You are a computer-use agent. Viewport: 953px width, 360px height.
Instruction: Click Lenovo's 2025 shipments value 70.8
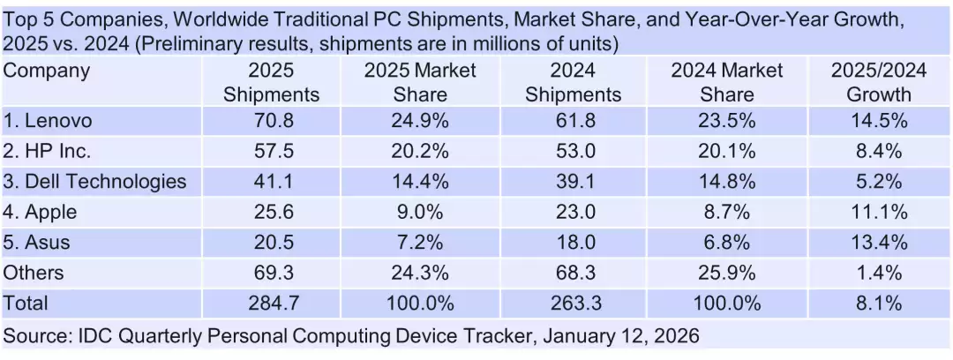[x=271, y=121]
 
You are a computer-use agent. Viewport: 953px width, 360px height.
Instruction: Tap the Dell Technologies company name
[x=95, y=182]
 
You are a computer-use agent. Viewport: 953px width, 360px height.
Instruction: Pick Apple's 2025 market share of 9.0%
[x=421, y=212]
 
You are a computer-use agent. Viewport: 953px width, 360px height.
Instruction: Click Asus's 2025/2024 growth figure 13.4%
[x=879, y=243]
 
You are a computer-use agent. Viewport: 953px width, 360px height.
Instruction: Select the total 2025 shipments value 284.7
[x=271, y=304]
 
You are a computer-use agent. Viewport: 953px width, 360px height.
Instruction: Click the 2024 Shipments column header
[x=573, y=82]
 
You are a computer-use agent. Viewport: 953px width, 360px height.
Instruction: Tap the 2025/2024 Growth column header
[x=879, y=82]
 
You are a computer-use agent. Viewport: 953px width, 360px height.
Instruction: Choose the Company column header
[x=47, y=71]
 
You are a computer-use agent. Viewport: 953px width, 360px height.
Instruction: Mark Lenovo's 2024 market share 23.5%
[x=726, y=121]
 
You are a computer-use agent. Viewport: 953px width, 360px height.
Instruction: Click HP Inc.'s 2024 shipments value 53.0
[x=573, y=151]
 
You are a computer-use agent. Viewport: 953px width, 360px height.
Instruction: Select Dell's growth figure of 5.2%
[x=879, y=182]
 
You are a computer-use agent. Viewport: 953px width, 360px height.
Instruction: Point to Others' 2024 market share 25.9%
[x=726, y=273]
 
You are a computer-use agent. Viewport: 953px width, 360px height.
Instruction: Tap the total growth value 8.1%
[x=879, y=304]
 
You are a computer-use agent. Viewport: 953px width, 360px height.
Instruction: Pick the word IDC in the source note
[x=94, y=336]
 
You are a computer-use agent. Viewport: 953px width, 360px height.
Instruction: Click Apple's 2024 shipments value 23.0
[x=573, y=212]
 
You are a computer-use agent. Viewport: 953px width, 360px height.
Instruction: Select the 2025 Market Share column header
[x=421, y=82]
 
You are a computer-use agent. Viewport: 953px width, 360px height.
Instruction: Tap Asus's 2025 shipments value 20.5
[x=271, y=243]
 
